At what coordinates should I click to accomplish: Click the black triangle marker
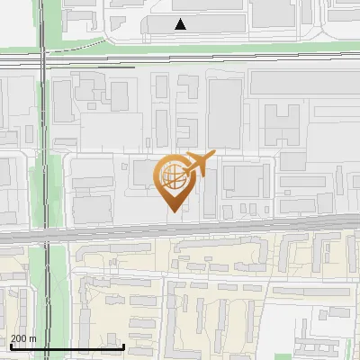[x=181, y=24]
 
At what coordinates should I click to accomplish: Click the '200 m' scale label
[x=23, y=338]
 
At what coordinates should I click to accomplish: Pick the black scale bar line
[x=67, y=346]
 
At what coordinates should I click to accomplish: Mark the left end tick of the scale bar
[x=10, y=346]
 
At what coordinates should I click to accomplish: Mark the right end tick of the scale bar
[x=123, y=346]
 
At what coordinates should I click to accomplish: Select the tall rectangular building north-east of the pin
[x=225, y=112]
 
